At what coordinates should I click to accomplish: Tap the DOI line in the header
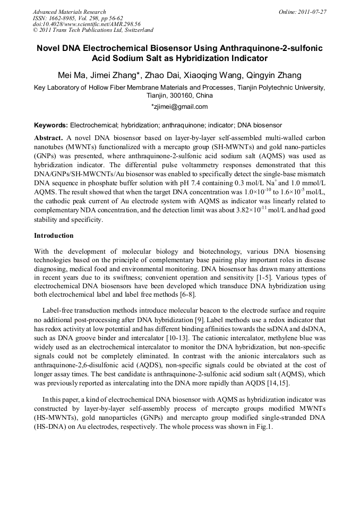coord(87,24)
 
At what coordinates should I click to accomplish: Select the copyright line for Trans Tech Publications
coord(93,30)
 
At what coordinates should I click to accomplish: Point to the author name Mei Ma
coord(71,75)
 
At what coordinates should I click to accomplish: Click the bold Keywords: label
coord(51,125)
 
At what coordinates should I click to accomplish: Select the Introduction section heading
coord(54,235)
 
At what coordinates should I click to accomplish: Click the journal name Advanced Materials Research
coord(69,12)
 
